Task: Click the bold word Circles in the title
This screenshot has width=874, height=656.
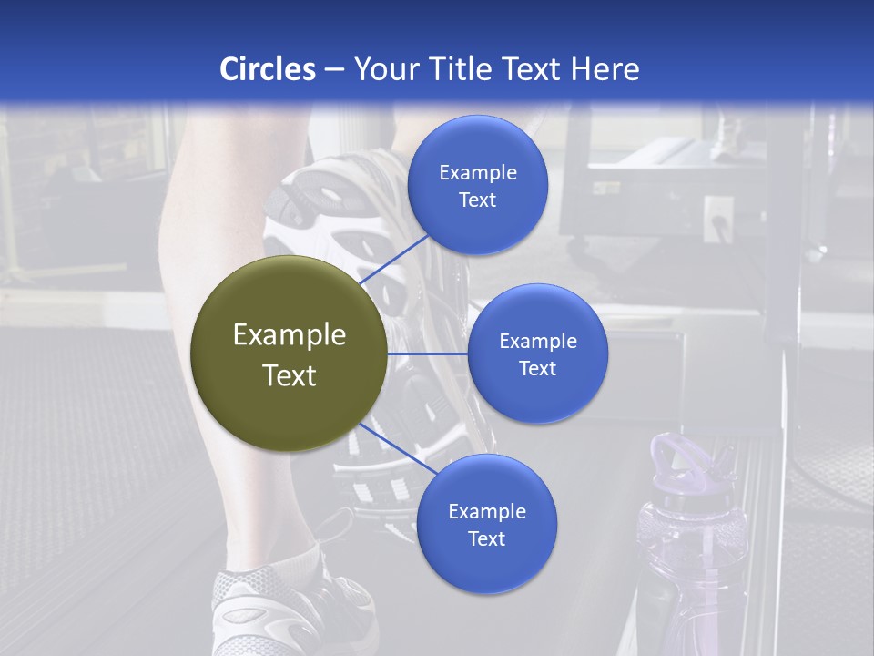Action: point(268,69)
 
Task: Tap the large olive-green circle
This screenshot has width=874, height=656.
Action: point(290,354)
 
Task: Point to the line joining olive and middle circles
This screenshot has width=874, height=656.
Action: point(428,354)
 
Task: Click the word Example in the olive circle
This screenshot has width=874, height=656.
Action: point(290,335)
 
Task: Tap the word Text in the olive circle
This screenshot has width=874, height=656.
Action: point(290,375)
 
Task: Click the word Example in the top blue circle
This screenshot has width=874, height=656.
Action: point(477,172)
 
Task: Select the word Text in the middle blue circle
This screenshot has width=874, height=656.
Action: point(537,368)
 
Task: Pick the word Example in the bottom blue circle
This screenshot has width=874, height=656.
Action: point(486,511)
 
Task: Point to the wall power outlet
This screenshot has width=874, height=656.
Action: point(718,220)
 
